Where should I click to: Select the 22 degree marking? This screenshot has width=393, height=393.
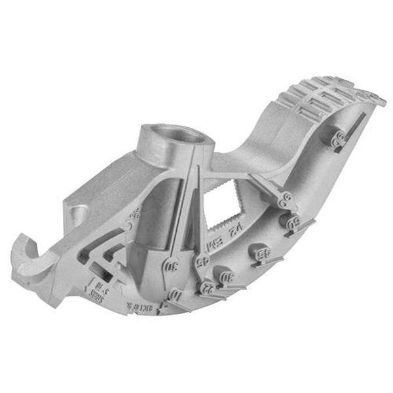(x=208, y=286)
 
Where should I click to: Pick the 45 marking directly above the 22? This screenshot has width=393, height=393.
(x=202, y=261)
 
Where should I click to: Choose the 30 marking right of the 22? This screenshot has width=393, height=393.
(x=229, y=277)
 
